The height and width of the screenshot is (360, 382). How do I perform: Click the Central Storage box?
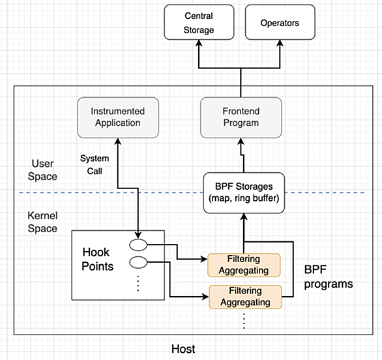coord(199,22)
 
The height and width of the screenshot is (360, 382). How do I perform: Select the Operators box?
coord(280,22)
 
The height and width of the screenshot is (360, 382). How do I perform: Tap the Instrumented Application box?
coord(118,117)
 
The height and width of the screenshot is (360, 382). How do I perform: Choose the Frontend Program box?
coord(241,117)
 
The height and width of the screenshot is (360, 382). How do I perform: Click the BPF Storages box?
coord(244,193)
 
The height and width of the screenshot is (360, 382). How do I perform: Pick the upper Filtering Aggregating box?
coord(244,265)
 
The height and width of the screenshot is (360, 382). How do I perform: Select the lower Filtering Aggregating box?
coord(245,297)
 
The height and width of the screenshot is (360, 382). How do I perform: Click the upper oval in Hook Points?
coord(138,245)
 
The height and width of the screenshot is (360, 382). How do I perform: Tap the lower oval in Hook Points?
coord(138,262)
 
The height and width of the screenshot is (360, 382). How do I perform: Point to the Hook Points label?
coord(97,259)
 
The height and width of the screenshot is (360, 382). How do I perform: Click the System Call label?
coord(95,164)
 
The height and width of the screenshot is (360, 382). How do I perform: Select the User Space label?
coord(42,170)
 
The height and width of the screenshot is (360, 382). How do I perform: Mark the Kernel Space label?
coord(42,222)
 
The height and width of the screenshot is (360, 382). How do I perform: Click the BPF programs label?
coord(329,277)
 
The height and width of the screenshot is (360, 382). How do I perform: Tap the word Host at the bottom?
coord(183,349)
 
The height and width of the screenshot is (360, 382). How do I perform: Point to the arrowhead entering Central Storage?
coord(199,43)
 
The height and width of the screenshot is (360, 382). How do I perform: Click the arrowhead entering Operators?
coord(280,43)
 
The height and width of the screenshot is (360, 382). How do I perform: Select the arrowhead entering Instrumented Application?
coord(118,141)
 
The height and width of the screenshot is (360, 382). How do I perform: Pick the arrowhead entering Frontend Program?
coord(241,141)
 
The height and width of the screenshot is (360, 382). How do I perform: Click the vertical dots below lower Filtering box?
coord(244,321)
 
